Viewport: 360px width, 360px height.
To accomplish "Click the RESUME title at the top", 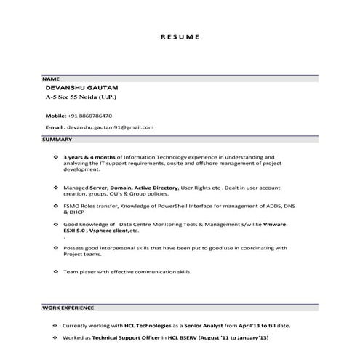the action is click(x=179, y=36).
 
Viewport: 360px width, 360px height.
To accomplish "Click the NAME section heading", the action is click(x=51, y=78).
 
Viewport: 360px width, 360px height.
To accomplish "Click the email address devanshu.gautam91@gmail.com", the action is click(x=110, y=127).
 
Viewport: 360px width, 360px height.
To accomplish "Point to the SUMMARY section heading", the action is click(x=57, y=139).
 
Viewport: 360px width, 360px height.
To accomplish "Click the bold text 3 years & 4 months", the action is click(x=87, y=156).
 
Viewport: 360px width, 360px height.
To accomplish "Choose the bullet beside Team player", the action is click(x=57, y=271).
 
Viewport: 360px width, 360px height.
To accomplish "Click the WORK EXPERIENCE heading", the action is click(x=68, y=309).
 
